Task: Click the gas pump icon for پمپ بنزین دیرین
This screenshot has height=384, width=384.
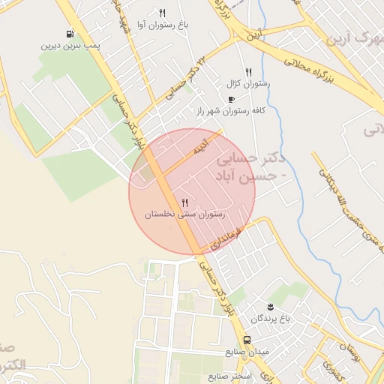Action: click(x=70, y=34)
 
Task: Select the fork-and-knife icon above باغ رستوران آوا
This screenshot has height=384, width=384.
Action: click(x=162, y=13)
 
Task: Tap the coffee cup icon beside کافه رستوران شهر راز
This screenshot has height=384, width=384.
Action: click(x=231, y=99)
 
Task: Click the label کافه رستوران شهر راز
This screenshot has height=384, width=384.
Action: click(x=231, y=111)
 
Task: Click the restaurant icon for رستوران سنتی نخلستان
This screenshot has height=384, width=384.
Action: click(x=184, y=202)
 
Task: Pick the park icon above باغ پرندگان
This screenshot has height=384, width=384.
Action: click(x=270, y=307)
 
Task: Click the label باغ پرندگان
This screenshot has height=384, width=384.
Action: click(x=270, y=318)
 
